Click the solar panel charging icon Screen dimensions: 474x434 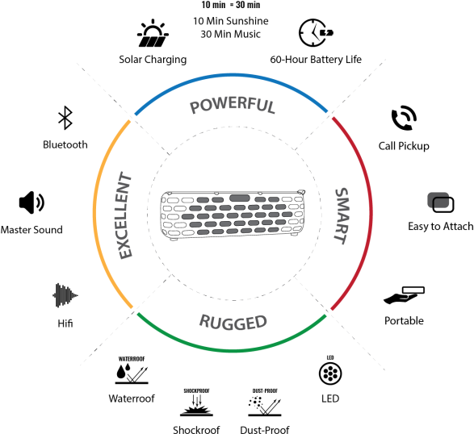pos(153,33)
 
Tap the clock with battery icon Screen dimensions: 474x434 pos(316,32)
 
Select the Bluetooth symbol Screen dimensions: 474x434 pos(65,118)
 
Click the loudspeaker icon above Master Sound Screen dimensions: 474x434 pos(31,202)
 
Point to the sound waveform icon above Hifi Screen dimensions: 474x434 pos(65,295)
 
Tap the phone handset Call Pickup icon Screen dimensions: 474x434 pos(404,118)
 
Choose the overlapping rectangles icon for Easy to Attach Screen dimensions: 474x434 pos(441,202)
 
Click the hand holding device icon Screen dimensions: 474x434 pos(404,295)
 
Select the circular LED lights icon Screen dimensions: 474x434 pos(330,373)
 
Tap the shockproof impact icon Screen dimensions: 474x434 pos(196,403)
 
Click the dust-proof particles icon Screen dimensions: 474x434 pos(265,403)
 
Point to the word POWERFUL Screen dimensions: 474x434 pos(233,105)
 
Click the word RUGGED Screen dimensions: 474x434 pos(233,322)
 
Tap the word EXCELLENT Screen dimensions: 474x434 pos(124,215)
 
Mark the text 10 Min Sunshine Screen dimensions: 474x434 pos(231,21)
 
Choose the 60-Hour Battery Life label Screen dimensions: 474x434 pos(316,59)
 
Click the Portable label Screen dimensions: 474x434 pos(404,321)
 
